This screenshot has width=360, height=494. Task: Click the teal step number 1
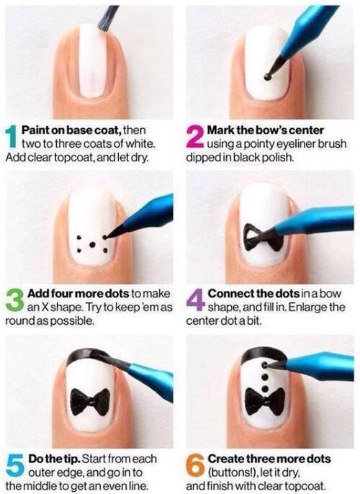point(12,136)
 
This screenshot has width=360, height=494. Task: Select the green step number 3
point(15,300)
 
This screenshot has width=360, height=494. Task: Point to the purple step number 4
point(196,300)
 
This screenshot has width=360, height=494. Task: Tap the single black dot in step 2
point(267,76)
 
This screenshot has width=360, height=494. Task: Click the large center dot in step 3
point(92,244)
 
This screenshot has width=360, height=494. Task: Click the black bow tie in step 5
point(90,402)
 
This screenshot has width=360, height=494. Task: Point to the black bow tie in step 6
point(265,401)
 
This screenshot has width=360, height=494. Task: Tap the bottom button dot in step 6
point(265,388)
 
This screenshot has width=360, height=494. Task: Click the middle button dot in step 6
point(265,377)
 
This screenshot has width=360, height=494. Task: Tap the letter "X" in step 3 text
point(45,307)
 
